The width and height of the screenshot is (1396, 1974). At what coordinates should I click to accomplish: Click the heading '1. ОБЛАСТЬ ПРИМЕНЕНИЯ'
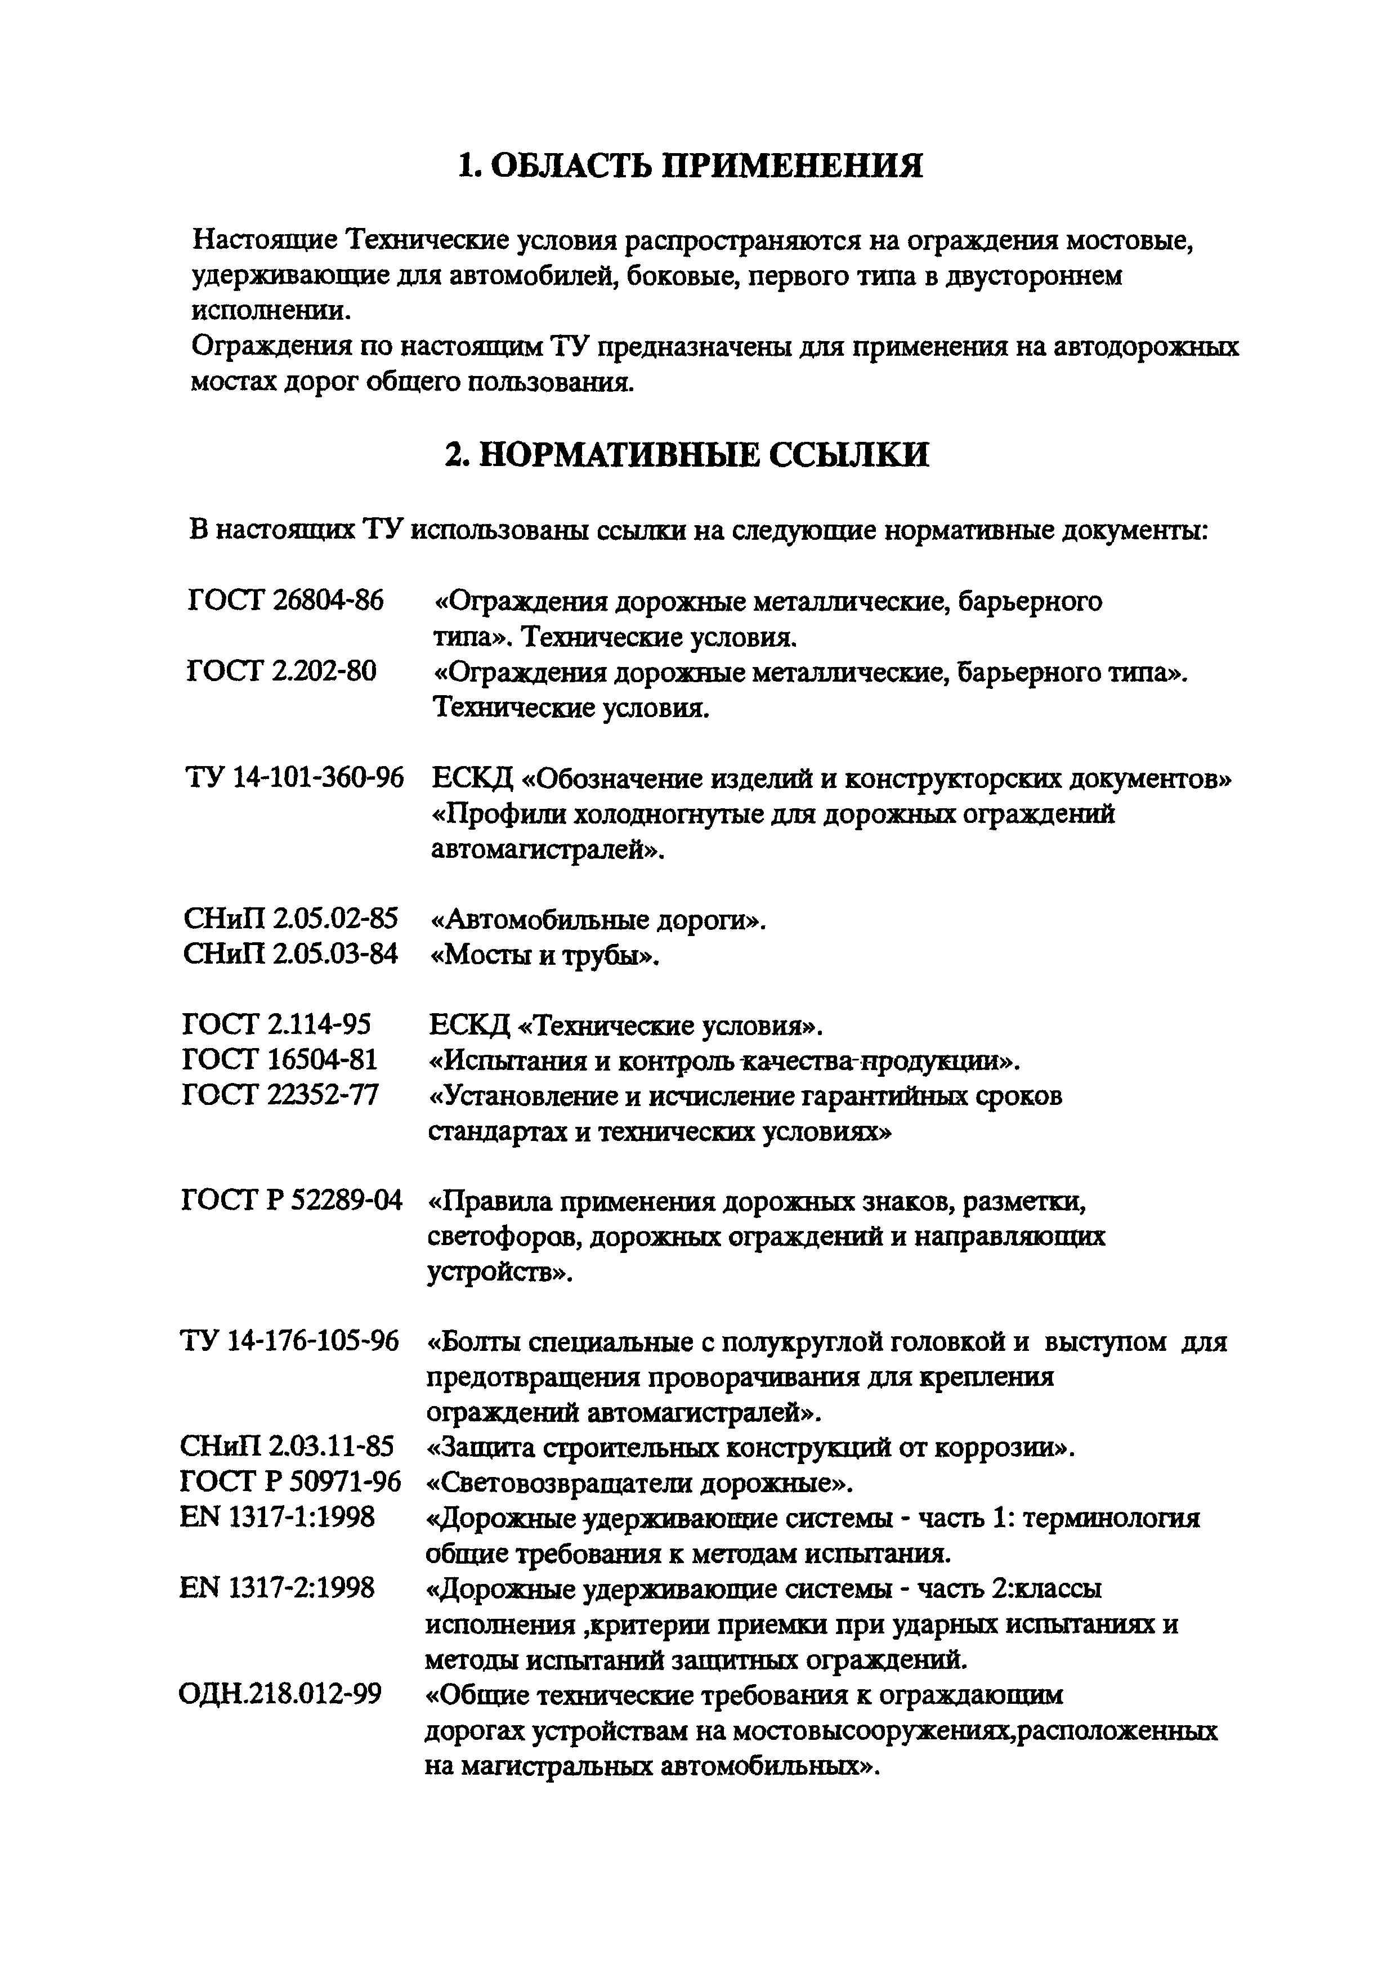pos(691,165)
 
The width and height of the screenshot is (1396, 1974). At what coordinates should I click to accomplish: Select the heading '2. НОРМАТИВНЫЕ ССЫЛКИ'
pos(687,454)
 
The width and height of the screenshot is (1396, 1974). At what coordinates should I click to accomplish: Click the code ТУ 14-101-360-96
pos(294,778)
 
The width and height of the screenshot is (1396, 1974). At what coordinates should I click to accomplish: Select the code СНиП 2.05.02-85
pos(290,919)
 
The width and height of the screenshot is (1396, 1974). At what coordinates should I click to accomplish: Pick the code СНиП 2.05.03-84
pos(290,954)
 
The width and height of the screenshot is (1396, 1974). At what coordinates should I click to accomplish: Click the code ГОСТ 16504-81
pos(280,1060)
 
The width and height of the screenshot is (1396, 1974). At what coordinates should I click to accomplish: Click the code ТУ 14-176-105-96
pos(290,1341)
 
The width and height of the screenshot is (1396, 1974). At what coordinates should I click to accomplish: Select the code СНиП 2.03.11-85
pos(287,1447)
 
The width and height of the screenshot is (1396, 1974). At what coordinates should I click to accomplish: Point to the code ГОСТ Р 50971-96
pos(290,1482)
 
